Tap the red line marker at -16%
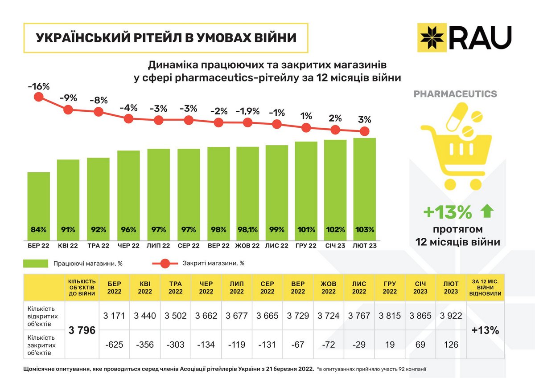click(38, 97)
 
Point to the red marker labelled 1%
click(306, 127)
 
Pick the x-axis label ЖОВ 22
click(247, 245)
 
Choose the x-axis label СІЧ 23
click(335, 245)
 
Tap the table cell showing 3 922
click(451, 316)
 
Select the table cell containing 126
click(451, 344)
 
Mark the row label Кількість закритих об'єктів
click(42, 345)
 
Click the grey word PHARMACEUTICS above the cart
click(455, 94)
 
